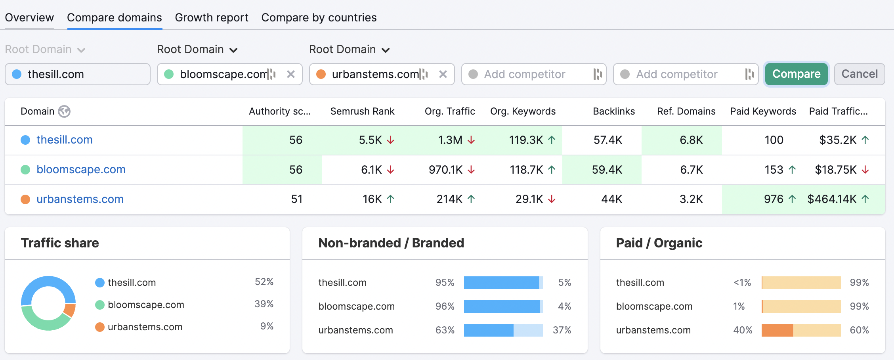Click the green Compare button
click(796, 74)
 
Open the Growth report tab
click(212, 18)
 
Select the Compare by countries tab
click(319, 18)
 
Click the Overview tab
click(29, 18)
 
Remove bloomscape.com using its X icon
click(291, 74)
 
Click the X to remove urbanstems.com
click(443, 74)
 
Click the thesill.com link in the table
click(65, 140)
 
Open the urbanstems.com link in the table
click(80, 199)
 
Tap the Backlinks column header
click(613, 111)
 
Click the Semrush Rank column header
click(362, 111)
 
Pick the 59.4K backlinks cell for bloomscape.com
click(607, 170)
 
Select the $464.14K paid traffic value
click(832, 199)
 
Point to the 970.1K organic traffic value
click(445, 170)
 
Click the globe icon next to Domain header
click(64, 111)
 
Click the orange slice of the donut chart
click(70, 310)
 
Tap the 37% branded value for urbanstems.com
click(562, 330)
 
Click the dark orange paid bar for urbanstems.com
click(777, 330)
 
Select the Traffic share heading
click(60, 243)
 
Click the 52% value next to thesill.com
click(264, 282)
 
